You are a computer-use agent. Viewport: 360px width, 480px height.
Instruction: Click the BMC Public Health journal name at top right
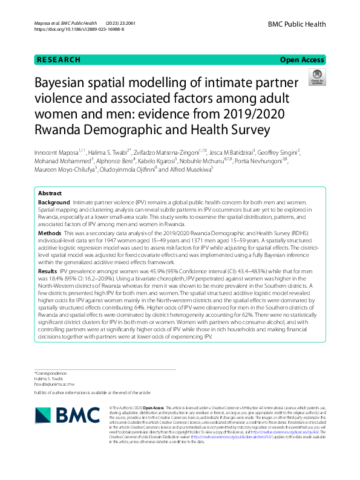296,24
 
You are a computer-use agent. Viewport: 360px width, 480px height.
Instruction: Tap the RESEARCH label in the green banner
59,60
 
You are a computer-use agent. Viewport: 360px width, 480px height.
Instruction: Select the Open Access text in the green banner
302,60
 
